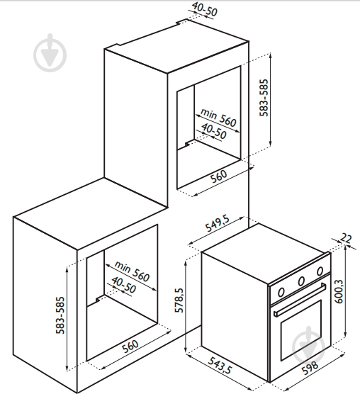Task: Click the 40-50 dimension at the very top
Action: pos(205,9)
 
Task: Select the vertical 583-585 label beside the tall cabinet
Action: pos(264,98)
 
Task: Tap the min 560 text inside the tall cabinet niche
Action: pos(218,118)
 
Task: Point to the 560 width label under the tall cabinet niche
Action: pos(219,176)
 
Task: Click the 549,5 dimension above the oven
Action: pos(218,223)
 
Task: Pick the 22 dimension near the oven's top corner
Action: pos(347,238)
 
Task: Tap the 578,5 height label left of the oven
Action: pos(179,300)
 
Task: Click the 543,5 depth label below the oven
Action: pos(220,365)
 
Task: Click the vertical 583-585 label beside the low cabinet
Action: pos(60,315)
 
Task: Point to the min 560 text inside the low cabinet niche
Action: pos(132,271)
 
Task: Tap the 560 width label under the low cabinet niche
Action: pos(130,346)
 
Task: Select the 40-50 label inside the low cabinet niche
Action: pos(124,285)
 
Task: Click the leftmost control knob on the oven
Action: pos(281,292)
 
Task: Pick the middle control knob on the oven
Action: pos(301,281)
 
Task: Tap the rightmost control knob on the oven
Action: pos(320,271)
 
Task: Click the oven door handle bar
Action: pos(300,300)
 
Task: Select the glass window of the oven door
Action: pos(301,330)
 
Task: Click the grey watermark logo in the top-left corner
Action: pos(50,52)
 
